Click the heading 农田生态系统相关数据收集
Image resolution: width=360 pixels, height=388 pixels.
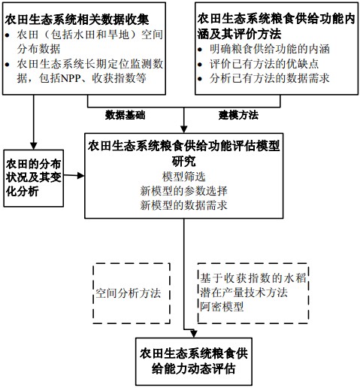pos(77,20)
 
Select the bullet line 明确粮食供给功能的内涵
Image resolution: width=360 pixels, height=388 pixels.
pos(270,49)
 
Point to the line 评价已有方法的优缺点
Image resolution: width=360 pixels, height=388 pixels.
pos(264,64)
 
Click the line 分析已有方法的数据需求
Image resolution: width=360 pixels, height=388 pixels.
pos(270,78)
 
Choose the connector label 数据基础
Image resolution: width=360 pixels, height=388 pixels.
pos(125,115)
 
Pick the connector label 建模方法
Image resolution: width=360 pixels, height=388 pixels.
pos(238,115)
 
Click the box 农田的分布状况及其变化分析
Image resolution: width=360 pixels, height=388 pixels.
pos(34,178)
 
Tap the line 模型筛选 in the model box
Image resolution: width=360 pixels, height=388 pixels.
pos(184,177)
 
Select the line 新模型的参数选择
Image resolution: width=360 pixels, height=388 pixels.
pos(184,191)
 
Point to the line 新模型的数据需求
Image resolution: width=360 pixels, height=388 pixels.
pos(184,205)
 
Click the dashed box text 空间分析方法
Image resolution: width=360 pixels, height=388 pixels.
pos(129,293)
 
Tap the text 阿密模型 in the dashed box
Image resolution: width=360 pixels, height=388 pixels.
pos(222,306)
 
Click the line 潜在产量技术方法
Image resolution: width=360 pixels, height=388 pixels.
pos(244,293)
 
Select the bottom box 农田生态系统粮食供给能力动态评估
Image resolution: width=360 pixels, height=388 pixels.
pos(194,362)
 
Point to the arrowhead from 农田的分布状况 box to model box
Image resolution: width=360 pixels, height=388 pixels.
pos(81,176)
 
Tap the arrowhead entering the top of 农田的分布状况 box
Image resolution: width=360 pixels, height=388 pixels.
pos(34,146)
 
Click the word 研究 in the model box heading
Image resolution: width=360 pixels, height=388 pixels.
pos(184,161)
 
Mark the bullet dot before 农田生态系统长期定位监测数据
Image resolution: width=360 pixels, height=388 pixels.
pos(8,65)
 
